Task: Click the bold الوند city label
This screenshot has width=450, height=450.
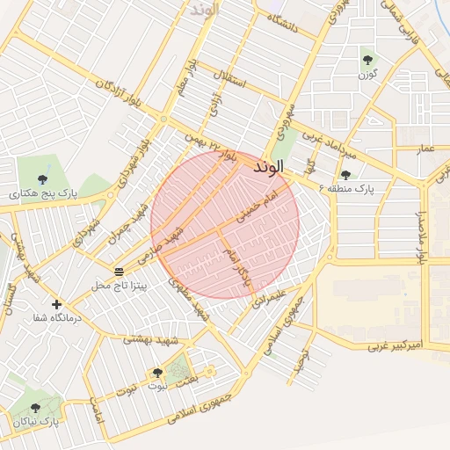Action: pos(268,166)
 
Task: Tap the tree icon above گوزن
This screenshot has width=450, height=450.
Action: pos(367,60)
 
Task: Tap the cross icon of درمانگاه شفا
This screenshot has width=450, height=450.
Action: pos(57,304)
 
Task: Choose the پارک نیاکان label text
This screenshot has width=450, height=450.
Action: pos(35,422)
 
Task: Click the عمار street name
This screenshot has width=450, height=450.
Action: pos(425,149)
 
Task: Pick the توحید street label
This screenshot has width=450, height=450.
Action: pos(300,359)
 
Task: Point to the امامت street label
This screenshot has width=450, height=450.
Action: pos(96,411)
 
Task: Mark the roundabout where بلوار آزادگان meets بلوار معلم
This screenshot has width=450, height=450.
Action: pos(163,119)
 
